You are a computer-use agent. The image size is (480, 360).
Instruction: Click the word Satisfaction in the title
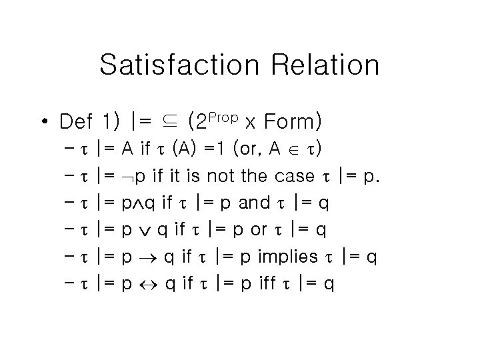tap(177, 65)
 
